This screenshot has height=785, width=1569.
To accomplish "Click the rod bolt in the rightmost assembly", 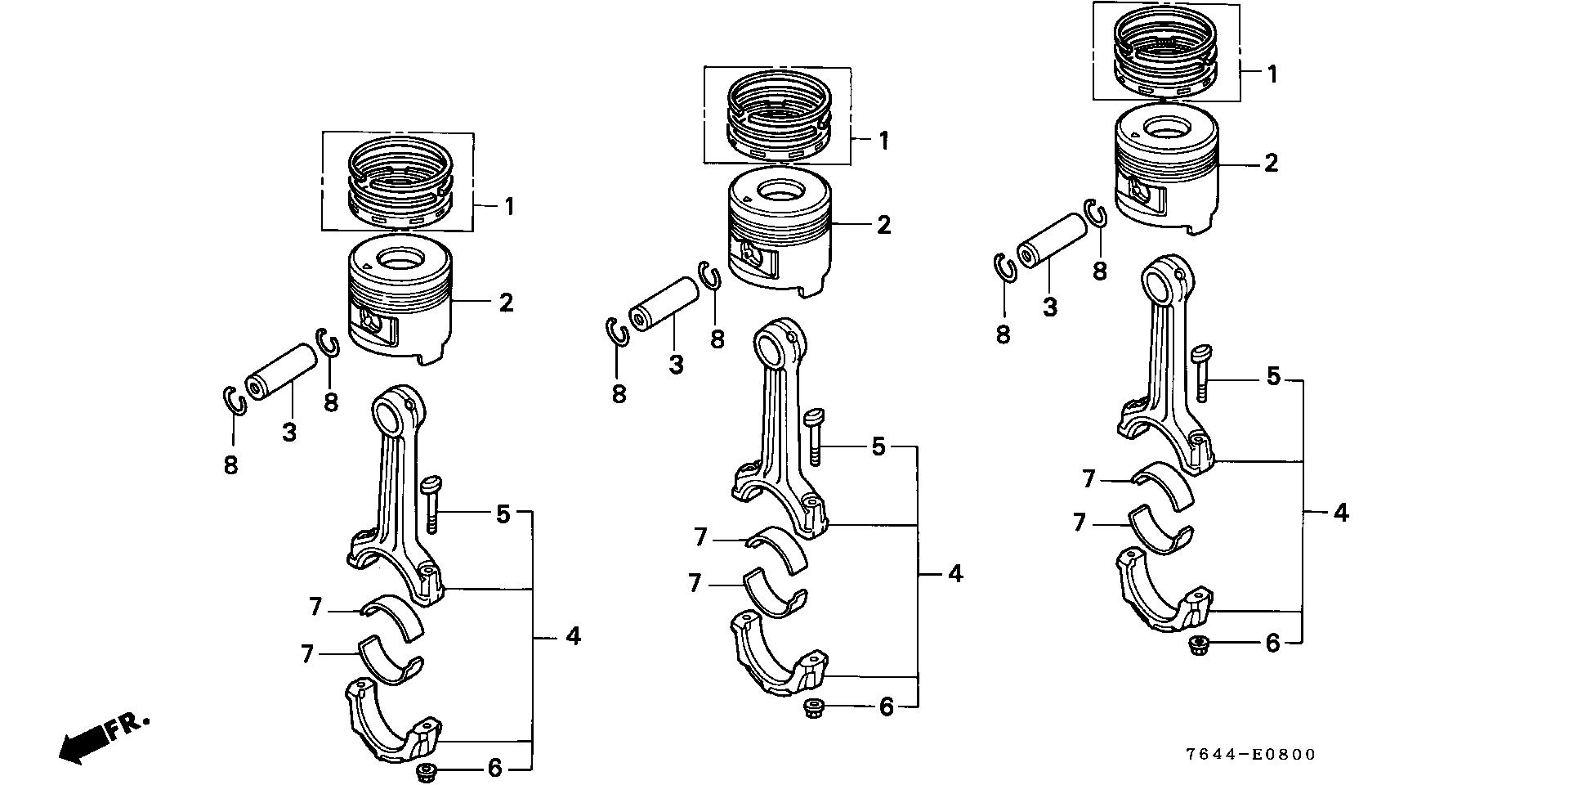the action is pos(1201,373).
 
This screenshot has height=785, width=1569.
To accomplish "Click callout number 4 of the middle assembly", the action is pos(954,573).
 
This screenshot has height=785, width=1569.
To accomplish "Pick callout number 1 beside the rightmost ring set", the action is pos(1272,74).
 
